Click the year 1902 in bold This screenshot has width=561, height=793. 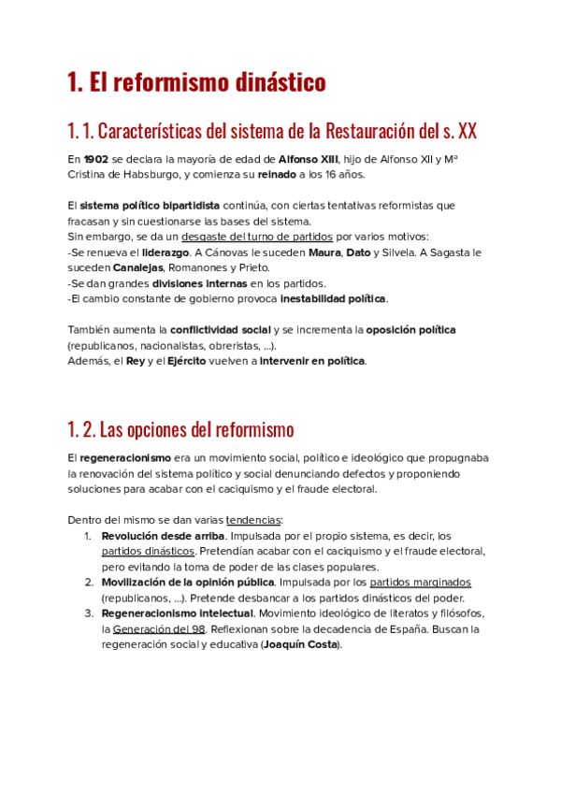(95, 159)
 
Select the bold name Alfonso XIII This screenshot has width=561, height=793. (308, 159)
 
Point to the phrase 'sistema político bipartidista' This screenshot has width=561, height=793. (150, 206)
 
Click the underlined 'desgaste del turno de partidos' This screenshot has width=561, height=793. (257, 237)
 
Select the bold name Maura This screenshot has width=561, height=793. (324, 252)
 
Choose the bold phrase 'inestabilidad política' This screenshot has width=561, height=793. (333, 298)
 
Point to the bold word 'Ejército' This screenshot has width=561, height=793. (186, 361)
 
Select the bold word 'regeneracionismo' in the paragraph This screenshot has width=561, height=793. (125, 458)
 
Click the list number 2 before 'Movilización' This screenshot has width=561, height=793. (88, 583)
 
